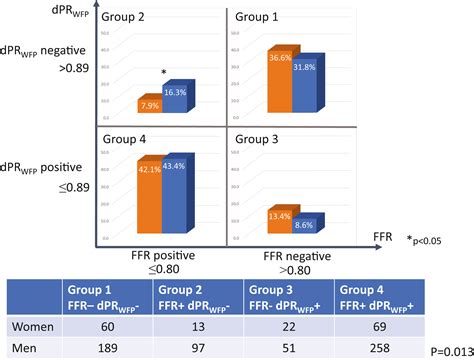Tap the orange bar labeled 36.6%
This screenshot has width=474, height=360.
279,80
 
